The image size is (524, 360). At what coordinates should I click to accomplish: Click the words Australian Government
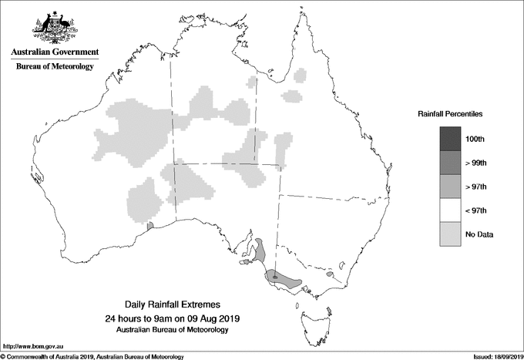click(x=54, y=52)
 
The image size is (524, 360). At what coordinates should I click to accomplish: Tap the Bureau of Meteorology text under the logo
click(x=54, y=67)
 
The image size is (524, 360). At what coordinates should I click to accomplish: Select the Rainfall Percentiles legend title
click(x=450, y=113)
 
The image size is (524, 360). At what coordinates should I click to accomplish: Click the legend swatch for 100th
click(x=451, y=139)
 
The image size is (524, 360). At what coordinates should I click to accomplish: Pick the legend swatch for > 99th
click(x=451, y=163)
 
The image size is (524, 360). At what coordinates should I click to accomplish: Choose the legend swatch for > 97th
click(x=451, y=187)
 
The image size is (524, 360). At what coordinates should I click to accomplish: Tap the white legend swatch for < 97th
click(x=451, y=210)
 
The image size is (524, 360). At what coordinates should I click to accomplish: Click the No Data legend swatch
click(x=451, y=234)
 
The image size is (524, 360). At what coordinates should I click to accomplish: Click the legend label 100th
click(x=475, y=139)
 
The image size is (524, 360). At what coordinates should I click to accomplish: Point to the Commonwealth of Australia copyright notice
click(x=92, y=356)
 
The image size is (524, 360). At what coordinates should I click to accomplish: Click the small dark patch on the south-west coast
click(x=150, y=225)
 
